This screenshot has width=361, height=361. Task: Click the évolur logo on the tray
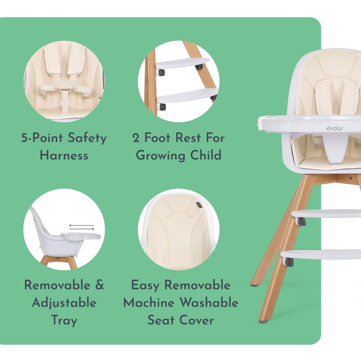pyautogui.click(x=335, y=128)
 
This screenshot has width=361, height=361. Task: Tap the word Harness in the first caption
pyautogui.click(x=64, y=155)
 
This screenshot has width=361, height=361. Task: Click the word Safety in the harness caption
pyautogui.click(x=87, y=138)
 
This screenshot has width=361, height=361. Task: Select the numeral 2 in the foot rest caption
pyautogui.click(x=136, y=138)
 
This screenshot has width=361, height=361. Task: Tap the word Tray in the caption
pyautogui.click(x=64, y=321)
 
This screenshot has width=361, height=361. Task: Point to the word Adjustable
pyautogui.click(x=64, y=303)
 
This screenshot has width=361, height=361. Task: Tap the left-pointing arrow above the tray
pyautogui.click(x=81, y=225)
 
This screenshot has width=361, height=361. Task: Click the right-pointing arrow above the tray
pyautogui.click(x=82, y=229)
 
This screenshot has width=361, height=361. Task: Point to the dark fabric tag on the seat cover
pyautogui.click(x=199, y=205)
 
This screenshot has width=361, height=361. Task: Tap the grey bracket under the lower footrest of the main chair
pyautogui.click(x=289, y=262)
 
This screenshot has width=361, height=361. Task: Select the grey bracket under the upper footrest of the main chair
pyautogui.click(x=301, y=222)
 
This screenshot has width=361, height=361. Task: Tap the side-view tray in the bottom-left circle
pyautogui.click(x=81, y=236)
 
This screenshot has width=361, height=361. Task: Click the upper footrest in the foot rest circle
pyautogui.click(x=182, y=63)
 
